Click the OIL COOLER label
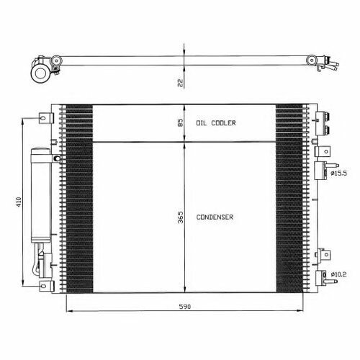pos(216,123)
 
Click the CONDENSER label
pos(215,217)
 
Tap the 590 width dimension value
pos(185,307)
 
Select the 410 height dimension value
pos(19,202)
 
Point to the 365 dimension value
pos(180,217)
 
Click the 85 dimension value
pos(180,122)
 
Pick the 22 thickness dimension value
pos(180,83)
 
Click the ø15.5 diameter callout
pos(338,173)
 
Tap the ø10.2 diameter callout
pos(338,274)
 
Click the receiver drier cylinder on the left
pos(41,195)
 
